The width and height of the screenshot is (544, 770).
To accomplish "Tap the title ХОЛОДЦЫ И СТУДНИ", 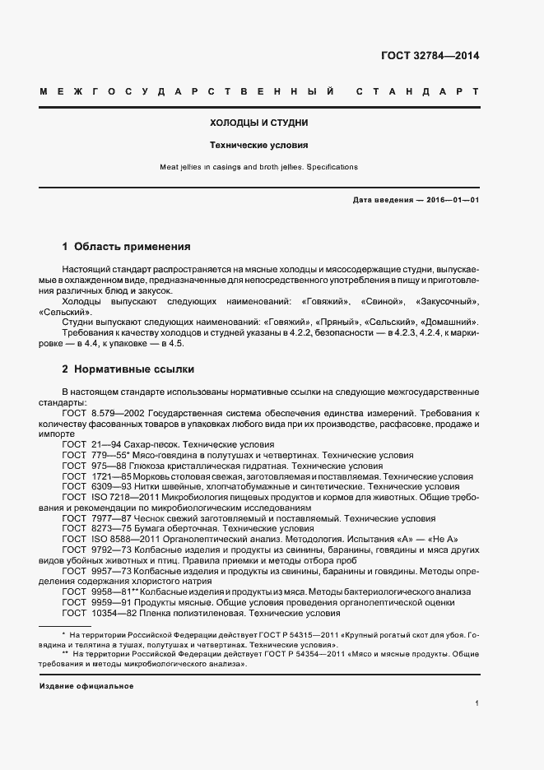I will pos(259,123).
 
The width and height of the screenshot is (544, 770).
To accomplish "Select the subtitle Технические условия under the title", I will pos(259,145).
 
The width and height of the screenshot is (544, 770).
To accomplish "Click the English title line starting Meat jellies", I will pos(259,167).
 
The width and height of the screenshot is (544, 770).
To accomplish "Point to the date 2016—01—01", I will pos(452,200).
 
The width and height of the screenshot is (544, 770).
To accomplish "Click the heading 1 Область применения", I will pos(127,246).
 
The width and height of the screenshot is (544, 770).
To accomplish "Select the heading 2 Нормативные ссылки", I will pos(128,370).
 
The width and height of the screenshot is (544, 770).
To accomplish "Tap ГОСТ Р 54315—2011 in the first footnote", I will pos(258,636).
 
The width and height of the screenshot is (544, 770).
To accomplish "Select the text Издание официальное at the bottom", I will pos(86,686).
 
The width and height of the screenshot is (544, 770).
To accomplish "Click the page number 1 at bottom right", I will pos(477,703).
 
